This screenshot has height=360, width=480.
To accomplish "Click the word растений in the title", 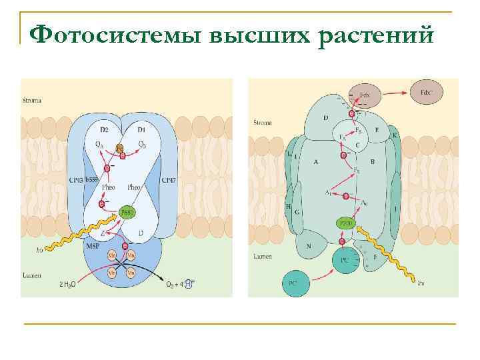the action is (377, 33).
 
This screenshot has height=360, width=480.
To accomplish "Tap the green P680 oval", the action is (127, 213).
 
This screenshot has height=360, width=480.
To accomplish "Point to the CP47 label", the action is (169, 180).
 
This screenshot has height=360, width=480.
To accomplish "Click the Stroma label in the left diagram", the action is (32, 100).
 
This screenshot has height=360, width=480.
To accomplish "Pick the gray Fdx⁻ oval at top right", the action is (434, 92).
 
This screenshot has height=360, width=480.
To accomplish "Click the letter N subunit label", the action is (309, 245).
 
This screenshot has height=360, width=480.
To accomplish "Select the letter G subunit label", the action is (297, 211).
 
